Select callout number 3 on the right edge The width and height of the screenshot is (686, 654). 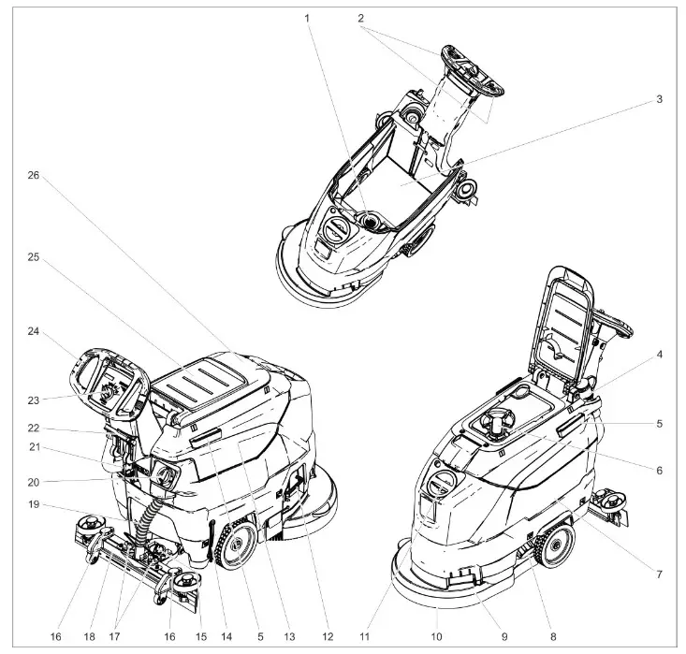click(x=659, y=98)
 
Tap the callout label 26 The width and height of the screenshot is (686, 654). click(x=34, y=175)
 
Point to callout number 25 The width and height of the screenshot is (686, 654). click(x=34, y=255)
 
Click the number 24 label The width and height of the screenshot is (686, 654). click(x=34, y=330)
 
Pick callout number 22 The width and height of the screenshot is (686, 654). click(x=34, y=429)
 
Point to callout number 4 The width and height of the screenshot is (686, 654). click(x=659, y=355)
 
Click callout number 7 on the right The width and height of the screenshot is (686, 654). click(x=659, y=573)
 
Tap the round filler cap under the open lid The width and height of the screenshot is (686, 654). click(x=496, y=426)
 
